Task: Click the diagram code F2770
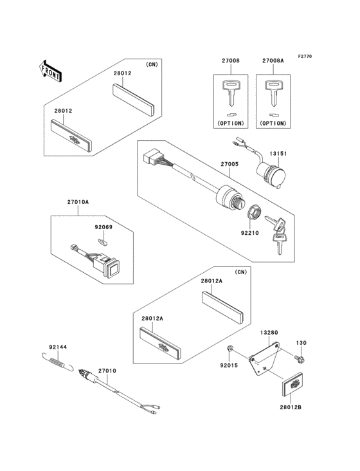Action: tap(304, 57)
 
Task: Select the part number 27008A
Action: tap(272, 61)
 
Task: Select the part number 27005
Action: tap(230, 165)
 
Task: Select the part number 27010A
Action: tap(78, 202)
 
